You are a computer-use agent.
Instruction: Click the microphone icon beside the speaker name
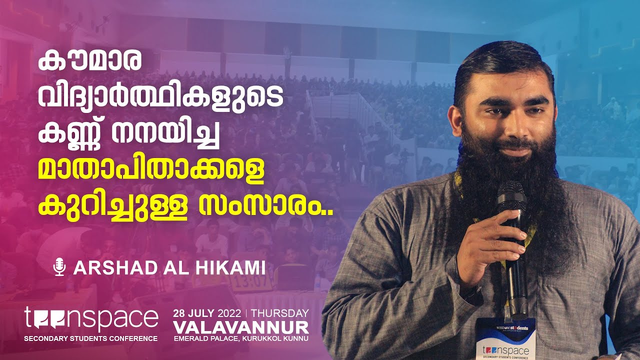59,267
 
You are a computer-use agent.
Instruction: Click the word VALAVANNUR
241,327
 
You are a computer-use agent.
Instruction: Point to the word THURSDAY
279,313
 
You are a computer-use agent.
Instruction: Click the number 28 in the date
179,313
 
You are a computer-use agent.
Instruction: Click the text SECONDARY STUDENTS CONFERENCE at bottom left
91,338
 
